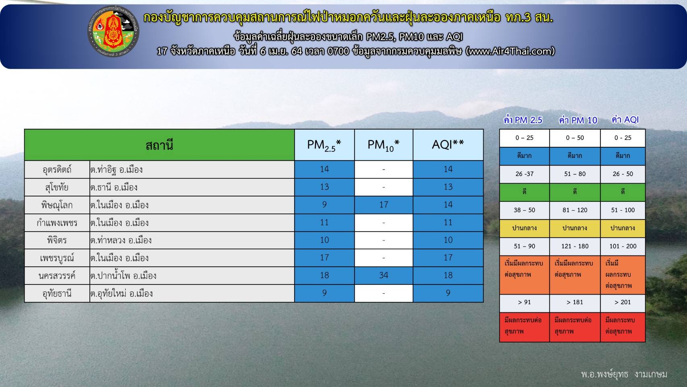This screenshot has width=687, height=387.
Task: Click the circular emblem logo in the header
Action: (x=113, y=32)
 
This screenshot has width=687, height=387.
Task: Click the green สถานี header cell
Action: (x=160, y=145)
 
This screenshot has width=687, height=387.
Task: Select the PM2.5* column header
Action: (x=324, y=145)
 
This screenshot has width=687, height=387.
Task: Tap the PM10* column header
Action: (x=384, y=145)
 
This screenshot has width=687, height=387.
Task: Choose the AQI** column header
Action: (x=448, y=145)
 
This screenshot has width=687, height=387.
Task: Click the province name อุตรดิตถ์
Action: (x=57, y=169)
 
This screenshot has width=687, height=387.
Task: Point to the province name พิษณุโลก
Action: (x=57, y=205)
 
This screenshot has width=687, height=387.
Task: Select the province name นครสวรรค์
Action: (x=57, y=276)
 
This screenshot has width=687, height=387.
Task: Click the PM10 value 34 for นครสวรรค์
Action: (x=384, y=275)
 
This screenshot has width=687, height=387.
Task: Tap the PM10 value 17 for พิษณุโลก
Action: (x=384, y=205)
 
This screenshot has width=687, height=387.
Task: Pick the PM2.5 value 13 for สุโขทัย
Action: (x=324, y=187)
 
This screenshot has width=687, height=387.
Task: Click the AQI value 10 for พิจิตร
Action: (x=448, y=240)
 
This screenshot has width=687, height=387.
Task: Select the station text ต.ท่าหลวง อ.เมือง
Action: (x=121, y=240)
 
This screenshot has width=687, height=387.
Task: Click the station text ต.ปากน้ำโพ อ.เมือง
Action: (x=123, y=276)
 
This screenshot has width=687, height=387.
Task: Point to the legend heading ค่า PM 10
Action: (x=578, y=120)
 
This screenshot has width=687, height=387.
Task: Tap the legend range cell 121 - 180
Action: (x=575, y=246)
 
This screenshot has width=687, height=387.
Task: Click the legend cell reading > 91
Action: (x=524, y=302)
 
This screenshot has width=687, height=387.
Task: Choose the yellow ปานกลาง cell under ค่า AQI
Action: (x=623, y=228)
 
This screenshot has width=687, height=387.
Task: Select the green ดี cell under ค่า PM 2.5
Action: (x=525, y=192)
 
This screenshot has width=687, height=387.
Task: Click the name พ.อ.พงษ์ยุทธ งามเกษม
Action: (x=624, y=374)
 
